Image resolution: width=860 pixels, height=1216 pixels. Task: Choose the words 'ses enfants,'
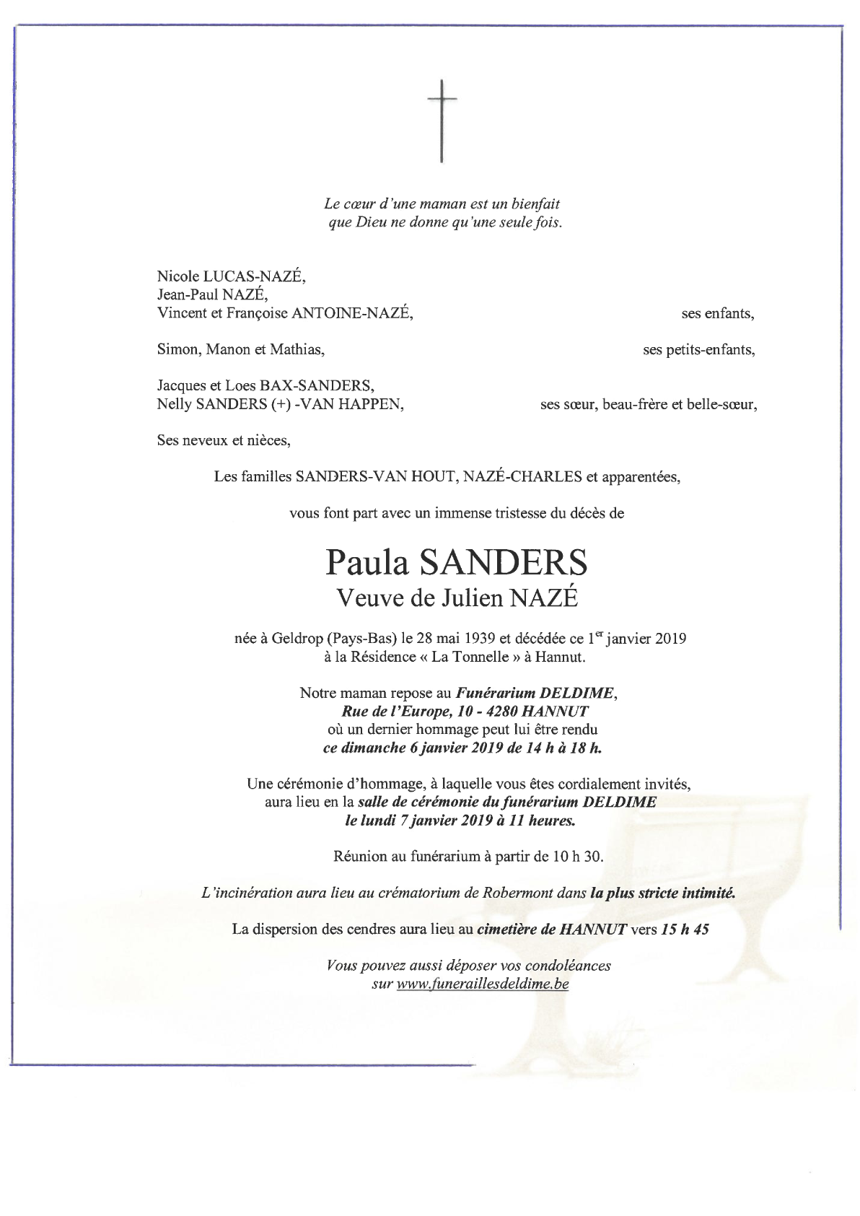(717, 314)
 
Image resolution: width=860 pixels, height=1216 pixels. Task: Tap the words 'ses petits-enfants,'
(698, 351)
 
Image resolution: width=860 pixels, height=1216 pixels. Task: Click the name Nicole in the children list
(176, 276)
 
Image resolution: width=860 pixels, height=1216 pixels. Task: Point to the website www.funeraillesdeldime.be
(483, 984)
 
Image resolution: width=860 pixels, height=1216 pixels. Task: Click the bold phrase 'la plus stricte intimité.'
(662, 893)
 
